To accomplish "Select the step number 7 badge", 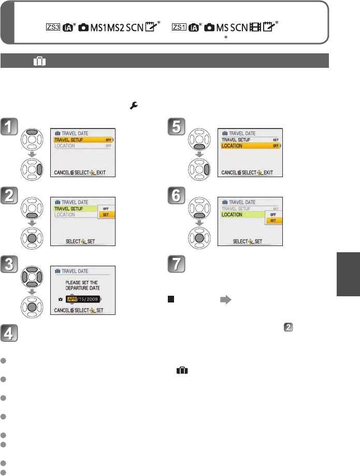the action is (x=179, y=265).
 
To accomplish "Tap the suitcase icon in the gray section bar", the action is (x=40, y=61).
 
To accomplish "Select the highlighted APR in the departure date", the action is (x=74, y=299).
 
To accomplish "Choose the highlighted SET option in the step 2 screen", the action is (x=106, y=214).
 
